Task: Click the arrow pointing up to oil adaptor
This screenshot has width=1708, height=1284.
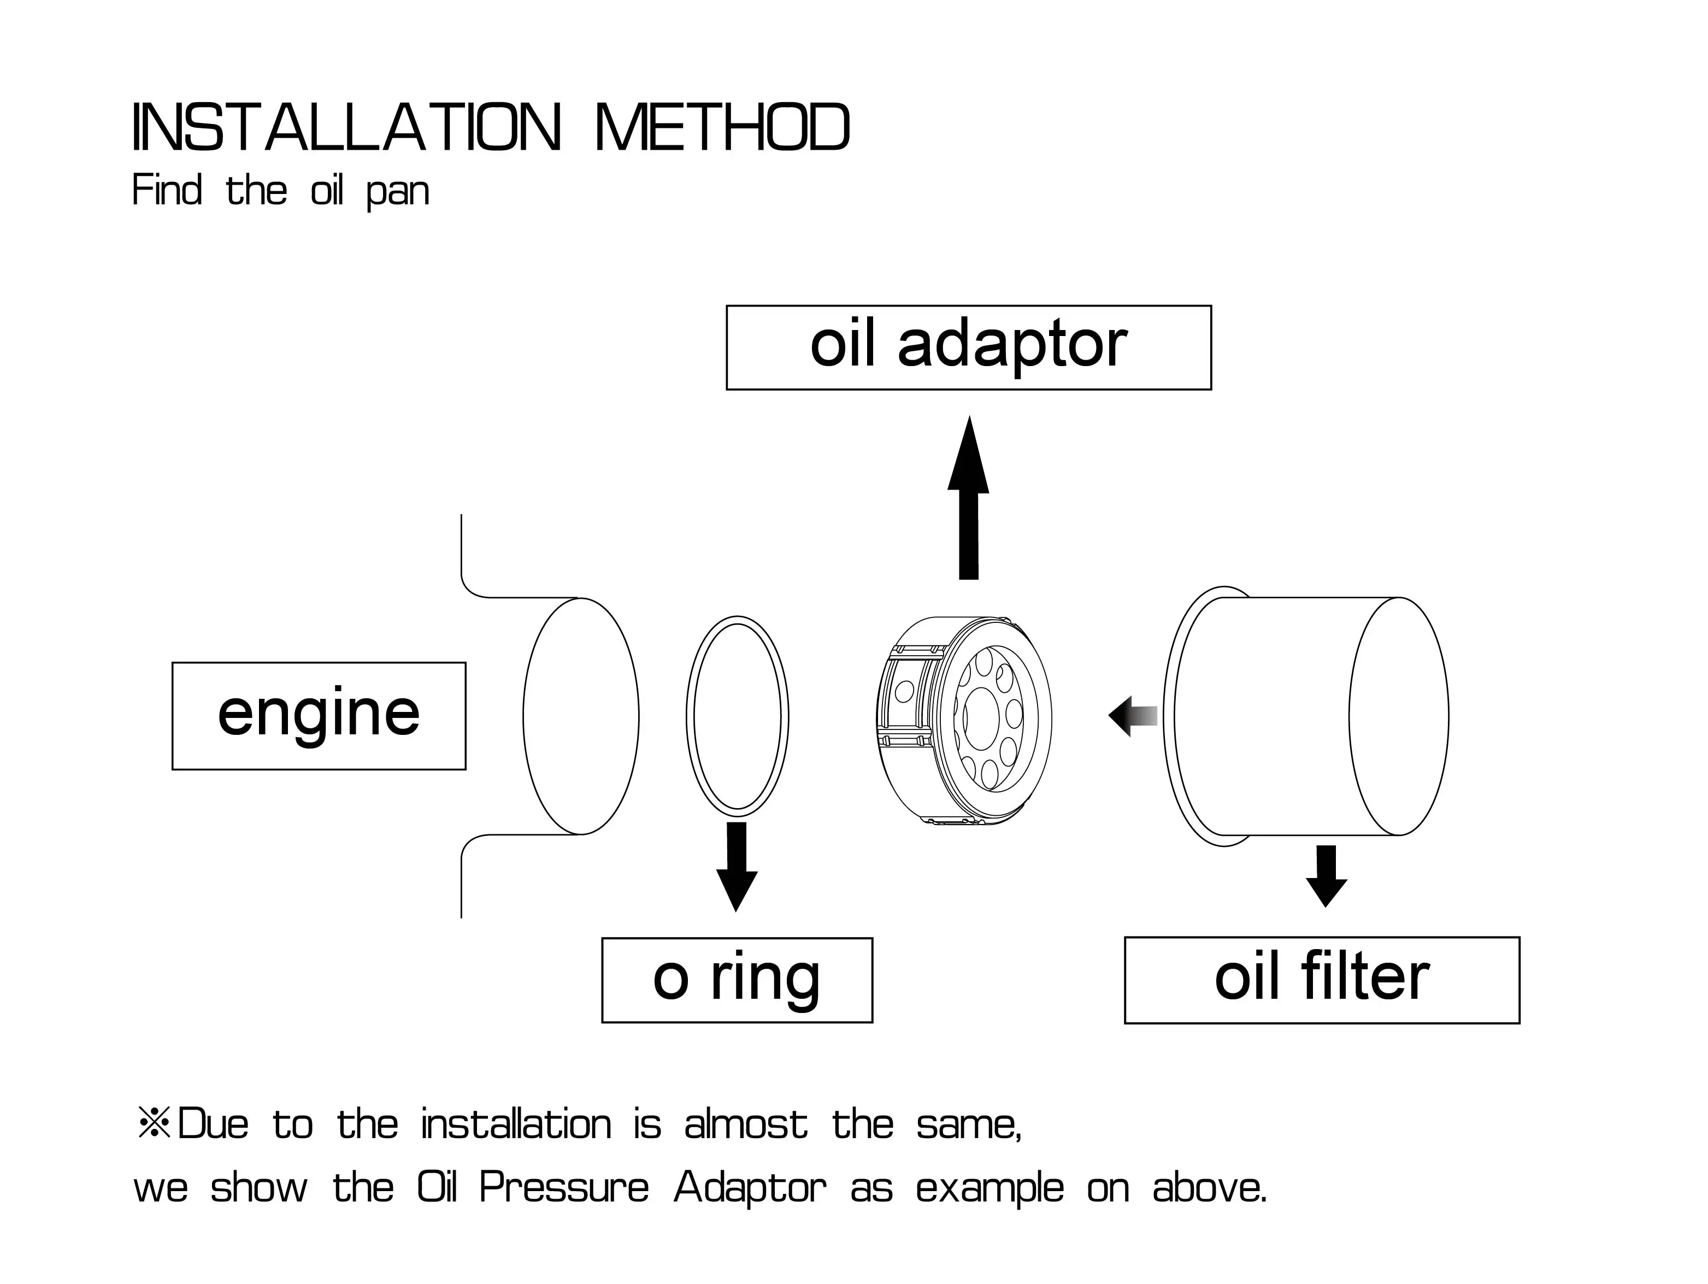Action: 968,498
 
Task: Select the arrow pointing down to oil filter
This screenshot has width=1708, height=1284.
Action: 1326,876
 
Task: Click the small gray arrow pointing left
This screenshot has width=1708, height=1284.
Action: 1133,716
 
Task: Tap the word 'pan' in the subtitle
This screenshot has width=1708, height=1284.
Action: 398,193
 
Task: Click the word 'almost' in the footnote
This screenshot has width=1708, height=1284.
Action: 746,1124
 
